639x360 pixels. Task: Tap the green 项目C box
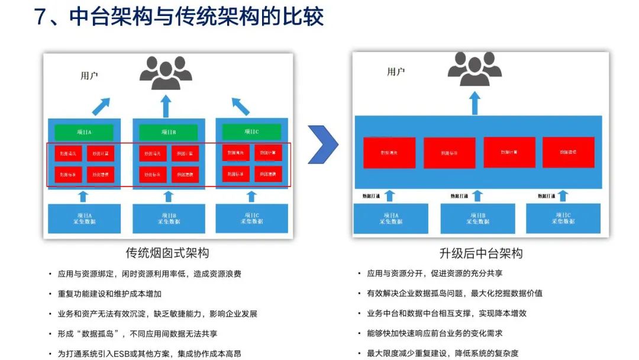point(251,131)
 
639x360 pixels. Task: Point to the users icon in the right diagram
point(475,68)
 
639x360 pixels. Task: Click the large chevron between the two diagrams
point(324,144)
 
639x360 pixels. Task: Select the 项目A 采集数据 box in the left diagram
point(84,218)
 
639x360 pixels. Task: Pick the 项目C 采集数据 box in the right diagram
point(563,218)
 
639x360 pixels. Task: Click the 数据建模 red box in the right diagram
point(568,152)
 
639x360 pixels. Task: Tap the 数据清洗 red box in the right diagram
point(389,153)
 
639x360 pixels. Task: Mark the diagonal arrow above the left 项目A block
point(101,107)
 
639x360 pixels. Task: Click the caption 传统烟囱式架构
point(167,253)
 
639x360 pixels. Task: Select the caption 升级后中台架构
point(480,253)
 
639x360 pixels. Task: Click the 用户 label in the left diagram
point(89,76)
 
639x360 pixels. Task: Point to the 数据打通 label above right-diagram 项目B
point(459,196)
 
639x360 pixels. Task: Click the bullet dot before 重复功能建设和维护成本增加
point(50,294)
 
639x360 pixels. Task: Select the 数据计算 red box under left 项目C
point(268,153)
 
